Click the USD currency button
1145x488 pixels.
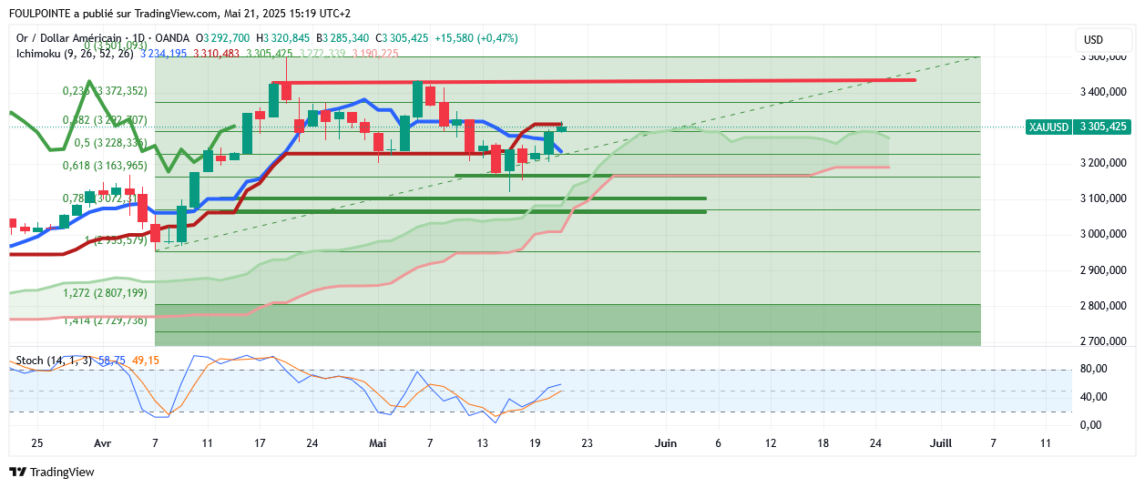tap(1093, 40)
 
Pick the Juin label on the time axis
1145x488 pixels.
tap(666, 443)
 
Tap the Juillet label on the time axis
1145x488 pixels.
tap(940, 443)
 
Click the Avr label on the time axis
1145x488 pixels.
tap(103, 443)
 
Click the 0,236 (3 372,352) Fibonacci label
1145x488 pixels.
tap(104, 91)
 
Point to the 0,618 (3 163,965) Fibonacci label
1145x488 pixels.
tap(104, 166)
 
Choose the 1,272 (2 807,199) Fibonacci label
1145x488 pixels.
tap(104, 293)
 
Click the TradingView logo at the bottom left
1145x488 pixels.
tap(52, 473)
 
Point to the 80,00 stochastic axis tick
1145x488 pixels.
tap(1093, 369)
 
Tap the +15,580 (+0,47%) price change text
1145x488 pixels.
tap(476, 38)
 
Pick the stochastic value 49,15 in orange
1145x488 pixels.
tap(146, 361)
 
